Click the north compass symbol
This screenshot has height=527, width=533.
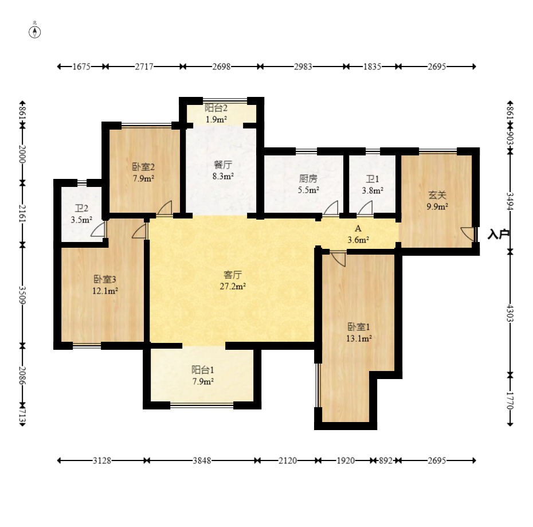click(x=34, y=32)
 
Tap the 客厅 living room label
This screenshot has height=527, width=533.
click(x=233, y=275)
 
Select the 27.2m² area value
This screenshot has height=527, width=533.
click(x=233, y=287)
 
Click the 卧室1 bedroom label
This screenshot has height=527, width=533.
click(x=359, y=327)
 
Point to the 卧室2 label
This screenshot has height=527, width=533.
click(x=143, y=167)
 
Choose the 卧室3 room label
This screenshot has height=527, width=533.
click(x=105, y=279)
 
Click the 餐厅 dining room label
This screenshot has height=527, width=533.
click(x=223, y=165)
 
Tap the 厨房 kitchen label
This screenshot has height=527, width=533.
click(x=308, y=178)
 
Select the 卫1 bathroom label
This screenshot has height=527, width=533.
click(x=373, y=179)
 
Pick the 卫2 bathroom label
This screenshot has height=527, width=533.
click(x=81, y=208)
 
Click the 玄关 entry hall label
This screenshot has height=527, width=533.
click(x=437, y=195)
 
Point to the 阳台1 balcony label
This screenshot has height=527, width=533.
click(x=203, y=370)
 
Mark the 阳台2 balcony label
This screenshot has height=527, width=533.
click(x=216, y=108)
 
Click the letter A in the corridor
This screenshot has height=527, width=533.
click(x=358, y=228)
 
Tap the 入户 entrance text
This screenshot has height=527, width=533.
click(x=499, y=234)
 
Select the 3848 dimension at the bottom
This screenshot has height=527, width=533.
click(x=202, y=460)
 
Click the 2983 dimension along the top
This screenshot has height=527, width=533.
click(x=303, y=67)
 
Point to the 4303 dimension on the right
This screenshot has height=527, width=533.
click(x=510, y=313)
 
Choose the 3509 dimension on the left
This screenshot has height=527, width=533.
click(x=22, y=295)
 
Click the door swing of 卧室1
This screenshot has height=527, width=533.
click(x=338, y=259)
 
